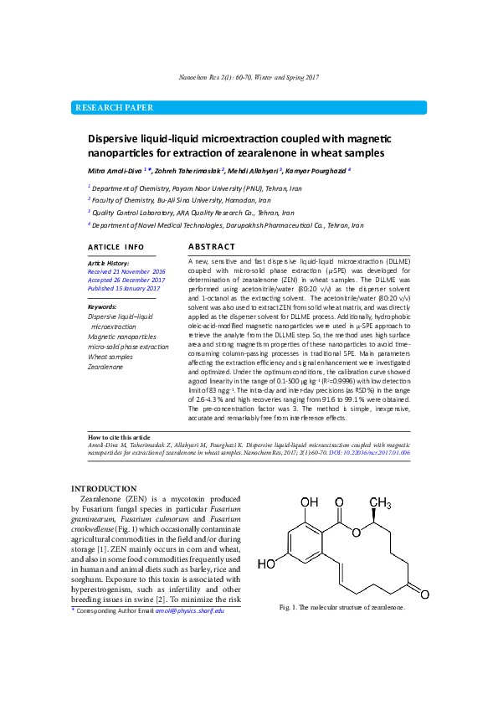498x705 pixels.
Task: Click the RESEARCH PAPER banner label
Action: tap(115, 108)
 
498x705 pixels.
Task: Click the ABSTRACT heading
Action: tap(211, 247)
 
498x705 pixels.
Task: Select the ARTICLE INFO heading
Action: tap(116, 248)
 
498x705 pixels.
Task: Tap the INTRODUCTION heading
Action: tap(104, 488)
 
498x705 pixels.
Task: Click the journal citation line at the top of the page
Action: tap(249, 78)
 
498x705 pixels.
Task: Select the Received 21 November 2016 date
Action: tap(126, 272)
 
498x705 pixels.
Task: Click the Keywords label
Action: tap(102, 307)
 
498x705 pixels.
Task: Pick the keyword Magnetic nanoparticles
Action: tap(122, 337)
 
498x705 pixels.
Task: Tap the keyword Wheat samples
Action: tap(110, 357)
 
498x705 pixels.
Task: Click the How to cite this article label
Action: tap(120, 437)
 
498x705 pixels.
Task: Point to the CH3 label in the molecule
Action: tap(380, 503)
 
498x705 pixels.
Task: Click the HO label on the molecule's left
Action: tap(266, 564)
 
